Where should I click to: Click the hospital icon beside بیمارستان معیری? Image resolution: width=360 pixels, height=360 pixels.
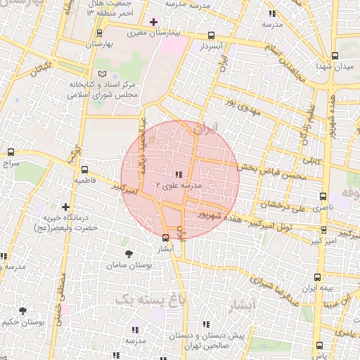coord(153,22)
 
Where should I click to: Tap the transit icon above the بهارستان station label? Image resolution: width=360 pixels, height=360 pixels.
coord(99,32)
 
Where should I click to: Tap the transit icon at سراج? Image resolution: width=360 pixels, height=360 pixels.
coord(11,152)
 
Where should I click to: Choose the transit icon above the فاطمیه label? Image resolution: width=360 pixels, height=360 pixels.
coord(84,169)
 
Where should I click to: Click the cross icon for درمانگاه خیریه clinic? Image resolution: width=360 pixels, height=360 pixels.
coord(65,207)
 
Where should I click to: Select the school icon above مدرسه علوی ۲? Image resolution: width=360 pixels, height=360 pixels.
coord(179,174)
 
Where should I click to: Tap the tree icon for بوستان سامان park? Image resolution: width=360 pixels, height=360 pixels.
coord(127,254)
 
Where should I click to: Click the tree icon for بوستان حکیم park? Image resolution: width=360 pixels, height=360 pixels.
coord(23,311)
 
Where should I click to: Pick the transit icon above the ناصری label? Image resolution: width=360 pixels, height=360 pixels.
coord(323,197)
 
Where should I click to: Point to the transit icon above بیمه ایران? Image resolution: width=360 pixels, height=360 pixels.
coord(318,277)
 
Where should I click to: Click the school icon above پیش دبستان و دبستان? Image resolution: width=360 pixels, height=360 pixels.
coord(205,324)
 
